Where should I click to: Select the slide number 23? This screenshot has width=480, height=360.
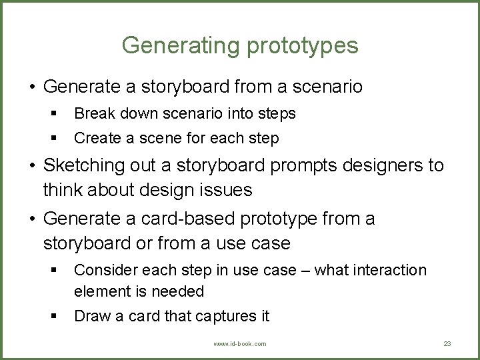pos(447,343)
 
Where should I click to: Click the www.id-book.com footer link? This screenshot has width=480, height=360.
pos(240,343)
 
